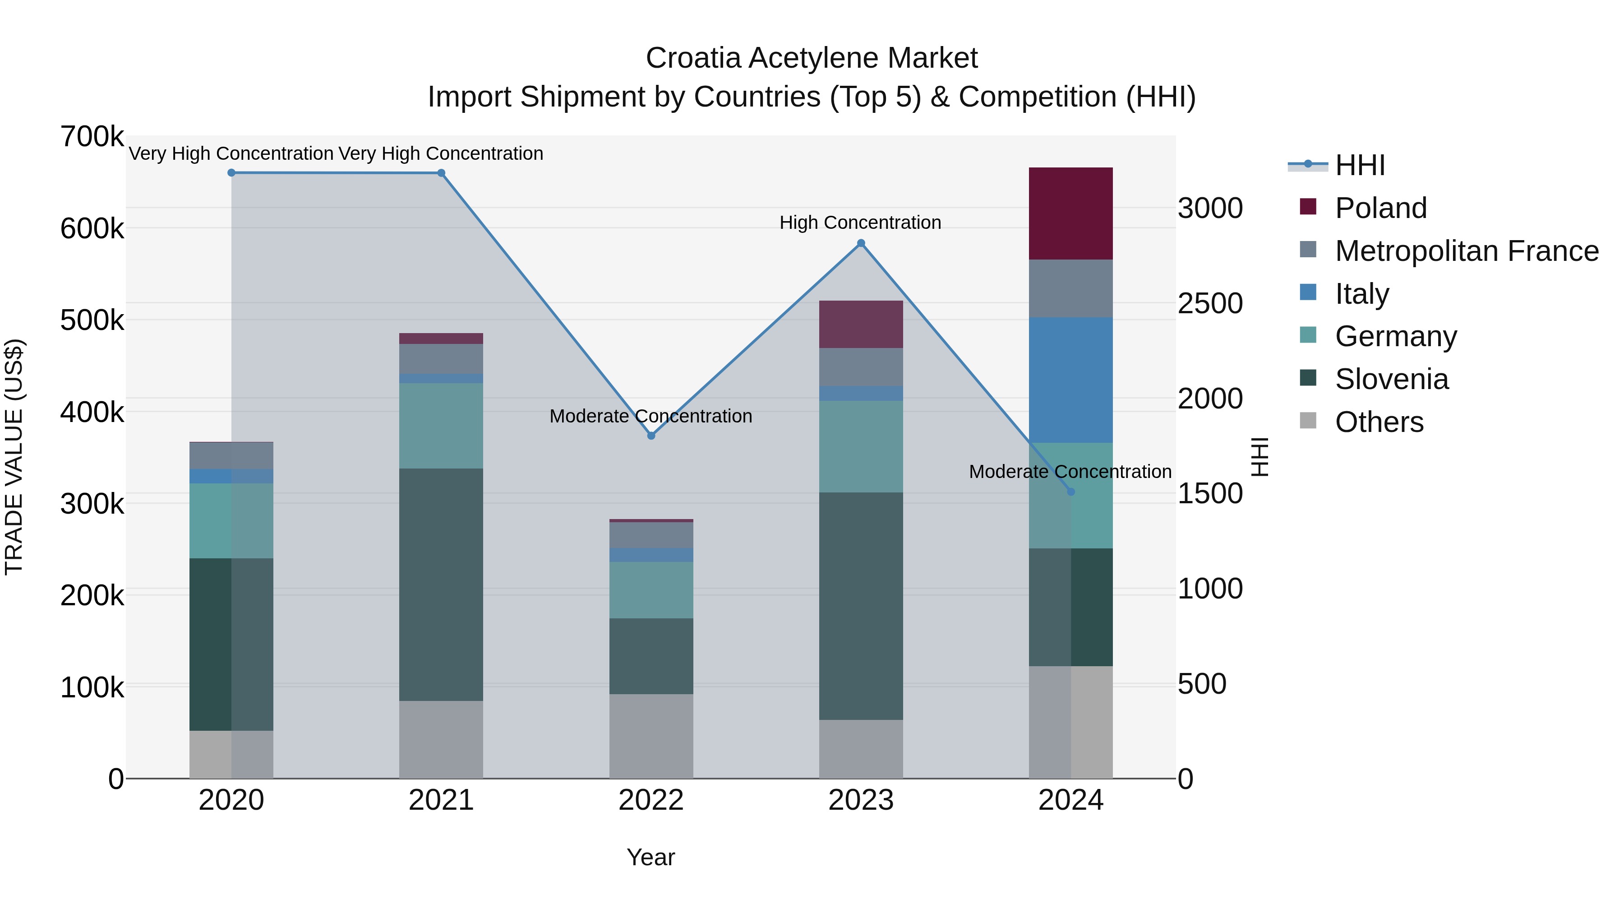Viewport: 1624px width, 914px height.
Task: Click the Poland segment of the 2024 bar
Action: tap(1070, 213)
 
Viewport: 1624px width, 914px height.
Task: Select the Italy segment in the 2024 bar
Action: tap(1070, 380)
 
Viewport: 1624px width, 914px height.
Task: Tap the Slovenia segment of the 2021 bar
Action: tap(441, 584)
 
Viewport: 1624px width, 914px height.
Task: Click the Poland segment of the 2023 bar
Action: tap(861, 324)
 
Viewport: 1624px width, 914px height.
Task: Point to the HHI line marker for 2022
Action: tap(651, 436)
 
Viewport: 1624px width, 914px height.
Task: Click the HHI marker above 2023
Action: tap(861, 243)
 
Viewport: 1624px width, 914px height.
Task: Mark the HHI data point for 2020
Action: tap(231, 173)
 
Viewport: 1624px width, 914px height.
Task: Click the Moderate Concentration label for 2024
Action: tap(1070, 472)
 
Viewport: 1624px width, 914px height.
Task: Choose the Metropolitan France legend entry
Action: tap(1467, 251)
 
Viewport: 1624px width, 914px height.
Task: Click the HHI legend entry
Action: tap(1360, 165)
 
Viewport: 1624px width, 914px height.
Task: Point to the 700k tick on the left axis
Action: tap(92, 137)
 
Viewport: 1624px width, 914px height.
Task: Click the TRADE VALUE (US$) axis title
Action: tap(14, 457)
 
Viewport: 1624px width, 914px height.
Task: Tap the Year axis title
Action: tap(651, 857)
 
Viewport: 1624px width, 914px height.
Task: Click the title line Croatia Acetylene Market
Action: tap(812, 58)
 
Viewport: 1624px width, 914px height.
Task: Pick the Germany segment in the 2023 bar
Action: tap(861, 446)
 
